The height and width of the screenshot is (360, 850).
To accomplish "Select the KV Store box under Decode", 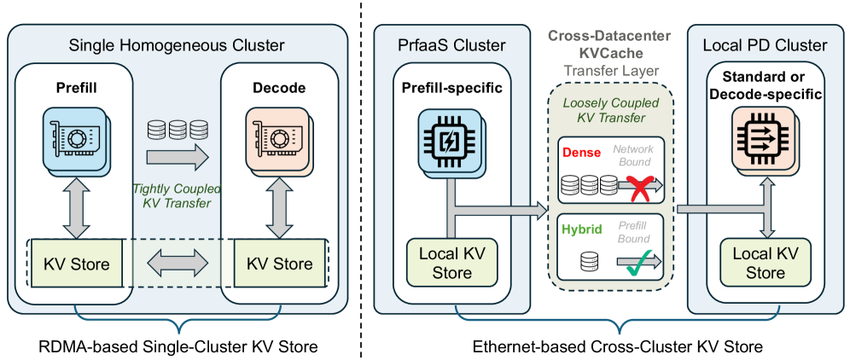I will (x=281, y=264).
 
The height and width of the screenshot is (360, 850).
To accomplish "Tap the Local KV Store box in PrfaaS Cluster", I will (x=451, y=263).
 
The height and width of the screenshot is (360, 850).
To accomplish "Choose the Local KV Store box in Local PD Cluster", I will (x=765, y=263).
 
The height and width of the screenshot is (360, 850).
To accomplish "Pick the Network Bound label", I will (x=634, y=154).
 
